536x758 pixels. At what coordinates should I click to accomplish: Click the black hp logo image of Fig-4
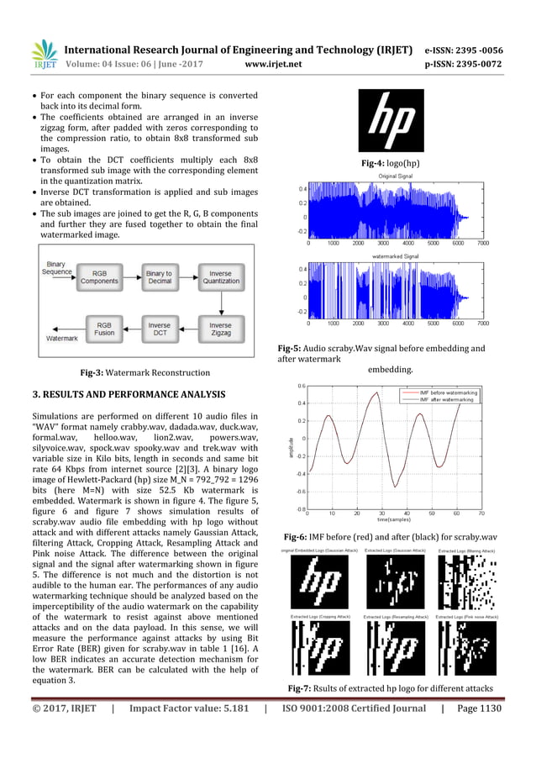pyautogui.click(x=391, y=119)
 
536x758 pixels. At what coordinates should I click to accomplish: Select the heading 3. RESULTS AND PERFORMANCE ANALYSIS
pyautogui.click(x=128, y=392)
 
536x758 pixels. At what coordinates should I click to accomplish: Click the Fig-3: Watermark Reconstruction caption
pyautogui.click(x=140, y=371)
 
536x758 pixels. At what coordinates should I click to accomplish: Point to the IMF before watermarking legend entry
pyautogui.click(x=446, y=392)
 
